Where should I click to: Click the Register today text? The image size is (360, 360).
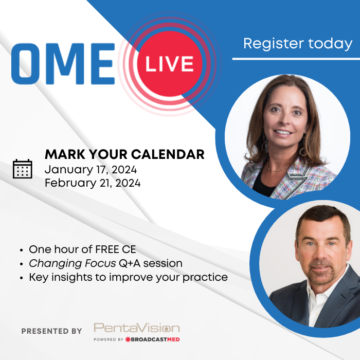click(x=297, y=44)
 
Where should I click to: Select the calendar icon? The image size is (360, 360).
click(x=22, y=169)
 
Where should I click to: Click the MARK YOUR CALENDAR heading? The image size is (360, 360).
click(x=124, y=154)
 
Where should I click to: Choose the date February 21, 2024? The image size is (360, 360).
click(x=93, y=183)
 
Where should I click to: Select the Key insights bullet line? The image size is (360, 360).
click(x=128, y=277)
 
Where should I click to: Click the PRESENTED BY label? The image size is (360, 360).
click(x=51, y=331)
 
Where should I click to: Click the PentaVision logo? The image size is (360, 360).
click(x=137, y=328)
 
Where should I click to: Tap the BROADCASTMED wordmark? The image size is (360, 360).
click(x=154, y=339)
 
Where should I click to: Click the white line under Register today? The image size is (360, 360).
click(x=296, y=59)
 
